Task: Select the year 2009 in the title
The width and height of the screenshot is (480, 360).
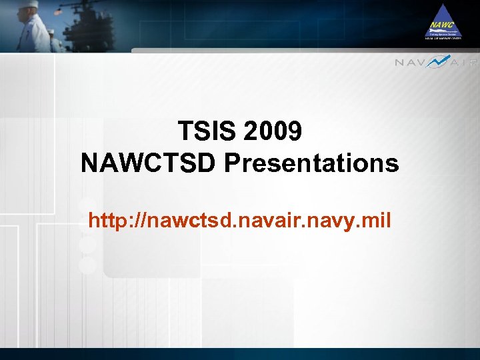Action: click(x=273, y=131)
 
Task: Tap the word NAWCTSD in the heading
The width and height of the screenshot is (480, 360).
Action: click(x=149, y=163)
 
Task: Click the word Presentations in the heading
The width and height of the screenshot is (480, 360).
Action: click(x=311, y=163)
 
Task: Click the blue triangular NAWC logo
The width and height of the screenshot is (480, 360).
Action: click(x=443, y=21)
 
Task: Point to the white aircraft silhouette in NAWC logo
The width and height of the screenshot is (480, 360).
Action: click(x=443, y=31)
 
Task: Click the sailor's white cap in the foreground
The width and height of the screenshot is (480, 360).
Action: click(x=29, y=5)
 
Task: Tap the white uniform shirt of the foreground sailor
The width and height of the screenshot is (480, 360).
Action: click(x=33, y=33)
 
